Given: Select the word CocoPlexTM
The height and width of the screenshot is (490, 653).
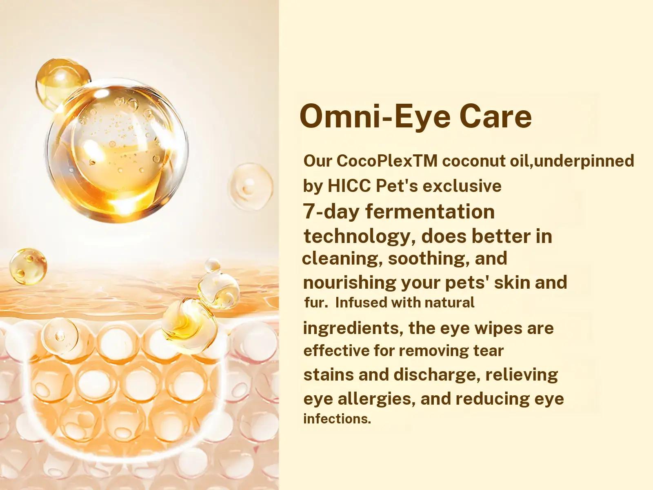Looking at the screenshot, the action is tap(387, 161).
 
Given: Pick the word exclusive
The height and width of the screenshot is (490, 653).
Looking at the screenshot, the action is tap(462, 186).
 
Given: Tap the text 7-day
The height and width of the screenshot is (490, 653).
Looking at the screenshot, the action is tap(331, 212).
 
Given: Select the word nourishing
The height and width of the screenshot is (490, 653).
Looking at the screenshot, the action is tap(349, 283).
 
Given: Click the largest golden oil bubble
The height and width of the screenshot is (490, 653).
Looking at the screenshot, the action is tap(118, 150).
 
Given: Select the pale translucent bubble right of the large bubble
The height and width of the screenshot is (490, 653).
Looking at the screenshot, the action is tap(251, 187).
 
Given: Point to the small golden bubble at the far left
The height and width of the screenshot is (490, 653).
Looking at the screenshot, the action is tap(28, 267).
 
